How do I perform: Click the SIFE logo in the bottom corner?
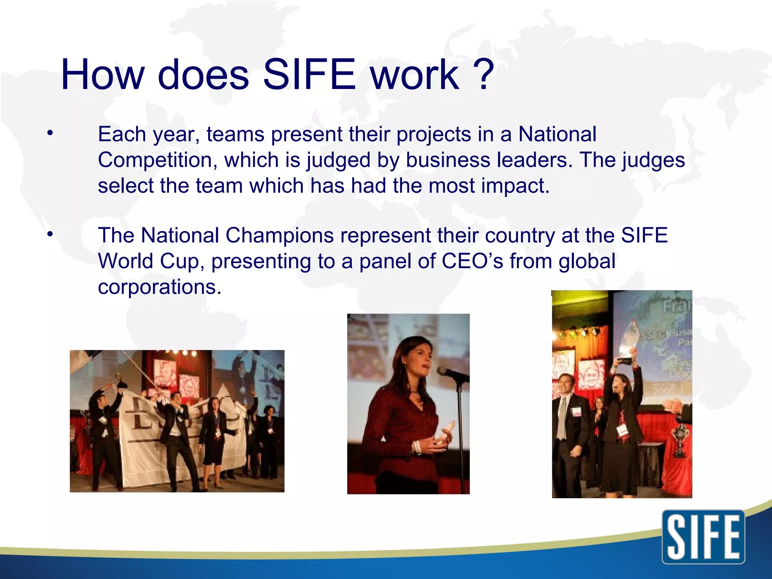(703, 537)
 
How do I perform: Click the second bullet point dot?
(50, 234)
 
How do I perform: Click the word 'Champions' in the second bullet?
(279, 235)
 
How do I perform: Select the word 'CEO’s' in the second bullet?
(472, 261)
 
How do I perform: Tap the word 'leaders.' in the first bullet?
(535, 160)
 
